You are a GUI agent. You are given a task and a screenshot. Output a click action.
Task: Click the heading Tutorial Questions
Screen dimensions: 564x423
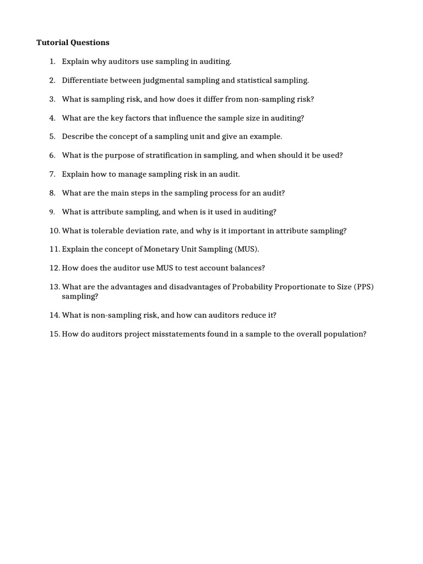(73, 42)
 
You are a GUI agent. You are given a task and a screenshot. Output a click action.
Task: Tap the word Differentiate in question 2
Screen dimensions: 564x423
(83, 80)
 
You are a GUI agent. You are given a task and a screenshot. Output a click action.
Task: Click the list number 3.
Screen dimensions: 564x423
(52, 99)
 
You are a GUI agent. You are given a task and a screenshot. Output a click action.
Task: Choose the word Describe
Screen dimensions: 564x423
(78, 137)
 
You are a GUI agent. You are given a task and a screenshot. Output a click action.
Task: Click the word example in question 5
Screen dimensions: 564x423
(267, 137)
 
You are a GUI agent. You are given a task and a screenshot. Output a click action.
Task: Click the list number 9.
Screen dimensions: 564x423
(52, 211)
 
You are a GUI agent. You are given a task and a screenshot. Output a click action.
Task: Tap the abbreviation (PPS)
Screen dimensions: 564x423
(364, 287)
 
